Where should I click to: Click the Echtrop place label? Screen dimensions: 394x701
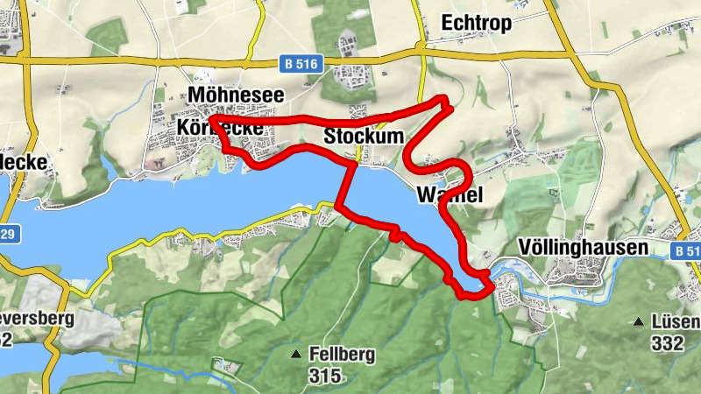pyautogui.click(x=478, y=23)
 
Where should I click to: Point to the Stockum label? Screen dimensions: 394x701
pyautogui.click(x=364, y=137)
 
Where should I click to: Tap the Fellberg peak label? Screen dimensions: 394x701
pyautogui.click(x=341, y=355)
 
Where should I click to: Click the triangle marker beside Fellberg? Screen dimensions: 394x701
pyautogui.click(x=297, y=355)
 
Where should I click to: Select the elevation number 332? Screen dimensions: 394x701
pyautogui.click(x=667, y=344)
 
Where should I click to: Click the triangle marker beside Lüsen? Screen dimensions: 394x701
pyautogui.click(x=639, y=322)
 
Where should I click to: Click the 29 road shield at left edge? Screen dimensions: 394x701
pyautogui.click(x=7, y=236)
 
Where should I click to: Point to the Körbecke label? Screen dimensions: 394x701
pyautogui.click(x=220, y=128)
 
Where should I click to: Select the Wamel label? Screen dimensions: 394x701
pyautogui.click(x=450, y=193)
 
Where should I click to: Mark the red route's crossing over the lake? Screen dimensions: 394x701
pyautogui.click(x=349, y=184)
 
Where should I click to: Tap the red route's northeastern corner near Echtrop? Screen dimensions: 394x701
pyautogui.click(x=446, y=100)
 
